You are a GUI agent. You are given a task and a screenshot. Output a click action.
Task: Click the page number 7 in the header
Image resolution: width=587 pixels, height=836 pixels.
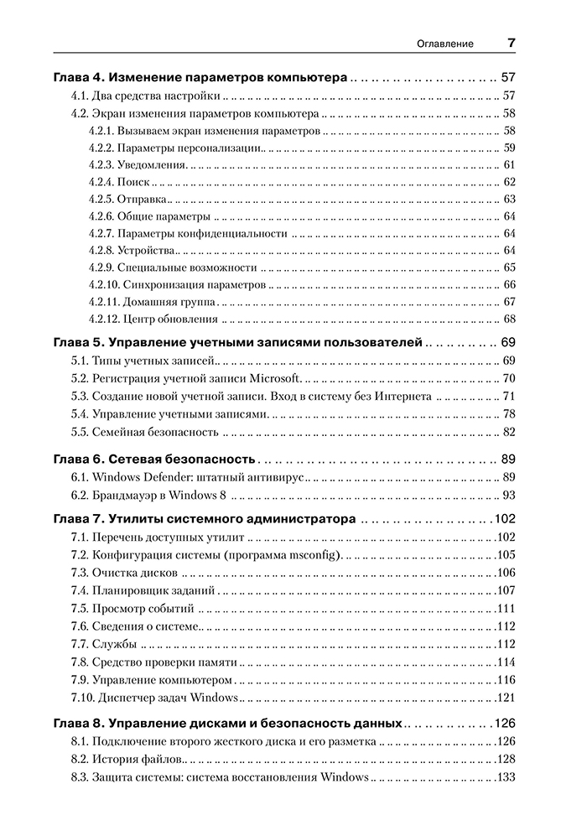click(511, 43)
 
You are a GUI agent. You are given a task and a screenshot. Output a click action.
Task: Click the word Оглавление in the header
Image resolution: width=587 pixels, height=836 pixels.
click(445, 44)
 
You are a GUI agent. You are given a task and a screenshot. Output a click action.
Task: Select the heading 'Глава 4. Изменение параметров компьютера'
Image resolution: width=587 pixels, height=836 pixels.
click(200, 76)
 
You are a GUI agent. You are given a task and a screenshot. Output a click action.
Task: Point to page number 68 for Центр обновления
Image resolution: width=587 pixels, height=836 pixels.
click(508, 319)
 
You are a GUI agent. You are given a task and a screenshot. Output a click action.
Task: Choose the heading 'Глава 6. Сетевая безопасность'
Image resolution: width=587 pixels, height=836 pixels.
click(153, 459)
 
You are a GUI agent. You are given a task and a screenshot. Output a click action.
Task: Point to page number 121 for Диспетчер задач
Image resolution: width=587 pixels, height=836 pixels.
click(505, 698)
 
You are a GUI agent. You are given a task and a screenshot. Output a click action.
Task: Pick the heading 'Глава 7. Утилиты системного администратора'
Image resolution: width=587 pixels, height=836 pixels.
click(205, 519)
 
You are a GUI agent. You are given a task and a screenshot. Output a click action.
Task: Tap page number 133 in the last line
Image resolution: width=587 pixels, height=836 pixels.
click(505, 777)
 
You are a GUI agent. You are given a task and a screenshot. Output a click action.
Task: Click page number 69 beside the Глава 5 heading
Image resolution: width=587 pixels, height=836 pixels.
click(508, 342)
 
